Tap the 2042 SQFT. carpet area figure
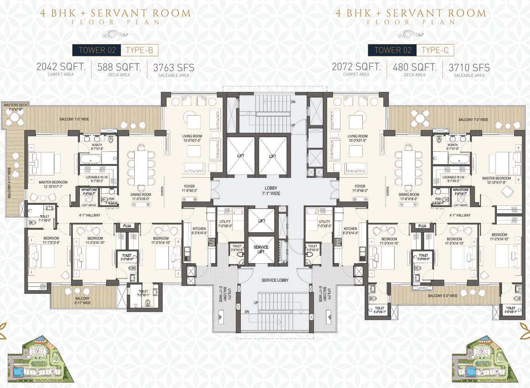(x=61, y=67)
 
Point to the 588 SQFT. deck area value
(x=119, y=67)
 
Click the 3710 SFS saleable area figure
(x=469, y=68)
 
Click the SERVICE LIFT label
(x=261, y=250)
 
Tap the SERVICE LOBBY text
(x=275, y=280)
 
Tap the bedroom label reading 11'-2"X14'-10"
(x=454, y=241)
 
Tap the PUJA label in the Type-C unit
(x=422, y=226)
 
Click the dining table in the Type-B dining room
(x=141, y=167)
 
